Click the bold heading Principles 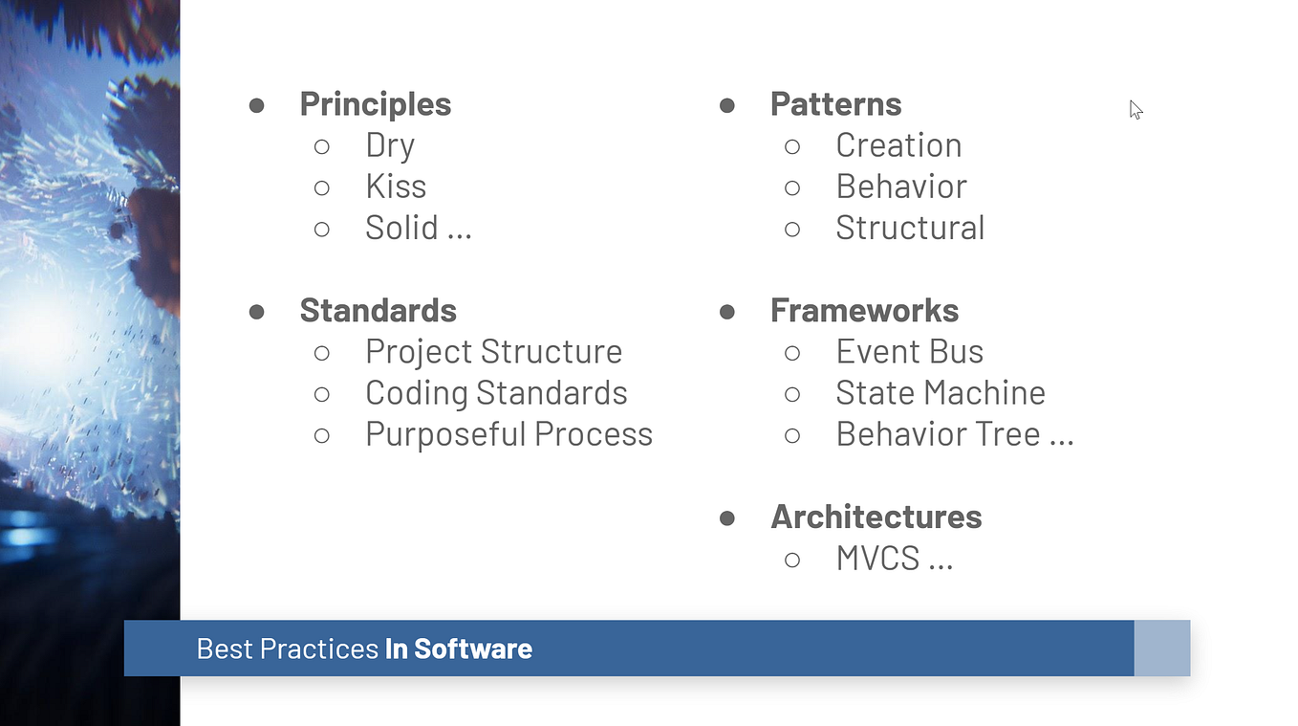(x=375, y=104)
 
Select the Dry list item (x=390, y=145)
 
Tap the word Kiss (x=396, y=187)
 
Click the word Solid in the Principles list (x=401, y=228)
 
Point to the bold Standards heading (x=378, y=310)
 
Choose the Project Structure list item (x=494, y=352)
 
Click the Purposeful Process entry (x=508, y=434)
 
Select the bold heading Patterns (x=835, y=104)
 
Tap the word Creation (x=898, y=145)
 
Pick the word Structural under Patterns (x=910, y=228)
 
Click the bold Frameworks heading (x=864, y=310)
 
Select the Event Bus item (x=909, y=351)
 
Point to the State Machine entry (x=941, y=392)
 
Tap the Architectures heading (x=876, y=517)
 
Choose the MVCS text (x=877, y=559)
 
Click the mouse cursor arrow (x=1136, y=110)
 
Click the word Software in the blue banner (x=473, y=649)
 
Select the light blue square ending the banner (x=1162, y=648)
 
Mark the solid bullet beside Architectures (x=726, y=517)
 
